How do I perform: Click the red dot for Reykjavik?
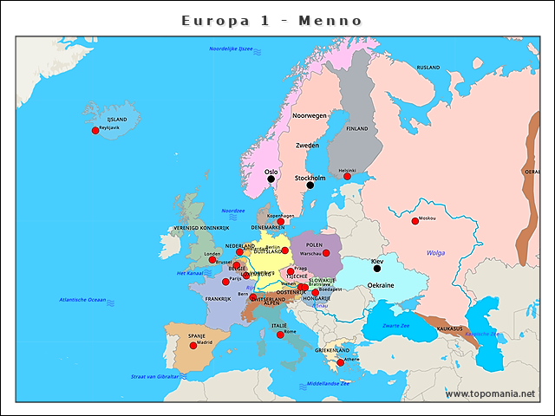click(x=95, y=131)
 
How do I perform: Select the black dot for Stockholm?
click(x=310, y=185)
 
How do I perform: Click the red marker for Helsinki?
click(x=347, y=176)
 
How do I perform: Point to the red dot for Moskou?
click(x=415, y=220)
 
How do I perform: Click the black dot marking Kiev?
click(x=376, y=269)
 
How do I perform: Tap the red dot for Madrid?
click(x=194, y=345)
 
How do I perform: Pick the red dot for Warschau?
click(x=326, y=253)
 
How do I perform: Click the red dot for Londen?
click(x=212, y=259)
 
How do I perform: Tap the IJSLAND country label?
click(x=116, y=120)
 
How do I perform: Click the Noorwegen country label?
click(x=310, y=115)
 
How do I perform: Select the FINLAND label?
click(x=357, y=128)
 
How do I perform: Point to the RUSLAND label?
click(x=428, y=67)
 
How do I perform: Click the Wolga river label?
click(x=435, y=253)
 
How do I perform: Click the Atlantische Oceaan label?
click(x=82, y=299)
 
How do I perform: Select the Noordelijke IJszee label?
click(x=231, y=49)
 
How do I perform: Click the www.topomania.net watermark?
click(x=491, y=393)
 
